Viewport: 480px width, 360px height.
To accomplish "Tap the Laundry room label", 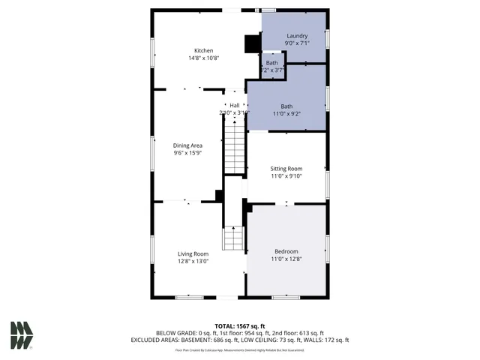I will (297, 35).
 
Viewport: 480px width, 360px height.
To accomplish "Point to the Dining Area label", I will (187, 145).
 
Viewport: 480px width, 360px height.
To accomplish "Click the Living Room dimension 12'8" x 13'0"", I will (193, 262).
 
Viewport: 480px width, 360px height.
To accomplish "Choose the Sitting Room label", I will (286, 169).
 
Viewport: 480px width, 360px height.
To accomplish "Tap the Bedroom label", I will (286, 251).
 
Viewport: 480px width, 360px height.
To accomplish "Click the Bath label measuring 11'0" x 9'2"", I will (286, 106).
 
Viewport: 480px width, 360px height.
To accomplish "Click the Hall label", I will (234, 105).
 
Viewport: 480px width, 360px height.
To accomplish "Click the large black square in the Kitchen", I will (252, 44).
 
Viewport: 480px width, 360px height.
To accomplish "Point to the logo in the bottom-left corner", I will (21, 335).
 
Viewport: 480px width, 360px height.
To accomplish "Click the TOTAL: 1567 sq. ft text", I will (239, 325).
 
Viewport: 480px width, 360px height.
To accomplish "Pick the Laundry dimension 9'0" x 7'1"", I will (297, 43).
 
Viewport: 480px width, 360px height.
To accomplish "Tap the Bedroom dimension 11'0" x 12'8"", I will (286, 259).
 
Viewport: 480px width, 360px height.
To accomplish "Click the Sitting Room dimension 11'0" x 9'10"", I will (286, 177).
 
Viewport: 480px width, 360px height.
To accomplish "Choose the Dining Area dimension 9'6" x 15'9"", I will (187, 154).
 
